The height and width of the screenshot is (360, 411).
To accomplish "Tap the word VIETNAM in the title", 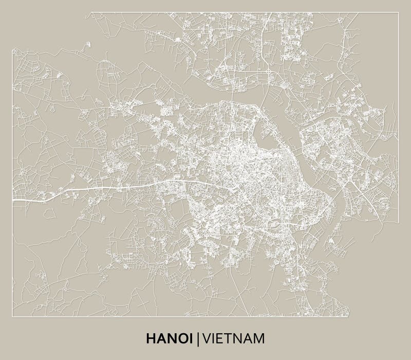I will tap(234, 338).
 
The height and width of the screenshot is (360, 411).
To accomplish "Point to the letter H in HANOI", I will tap(151, 338).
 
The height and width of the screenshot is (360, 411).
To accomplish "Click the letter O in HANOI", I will tap(180, 338).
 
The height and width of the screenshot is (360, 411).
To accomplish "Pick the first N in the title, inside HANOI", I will tap(170, 338).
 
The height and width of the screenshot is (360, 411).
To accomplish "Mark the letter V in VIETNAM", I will tap(206, 338).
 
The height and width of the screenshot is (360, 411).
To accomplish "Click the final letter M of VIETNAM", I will tap(259, 338).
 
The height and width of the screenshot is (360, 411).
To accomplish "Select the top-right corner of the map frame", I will tap(398, 13).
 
